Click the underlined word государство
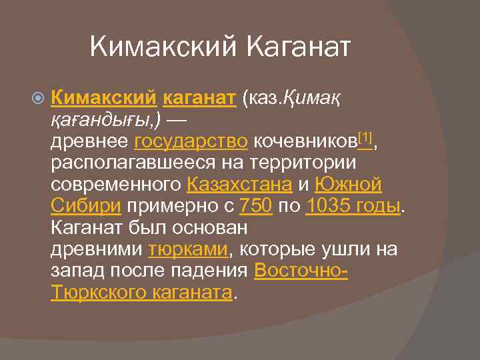pyautogui.click(x=191, y=142)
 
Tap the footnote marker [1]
pyautogui.click(x=365, y=138)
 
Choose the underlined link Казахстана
pyautogui.click(x=240, y=185)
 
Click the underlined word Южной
pyautogui.click(x=348, y=185)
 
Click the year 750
pyautogui.click(x=255, y=206)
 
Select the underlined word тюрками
pyautogui.click(x=188, y=249)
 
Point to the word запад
pyautogui.click(x=77, y=271)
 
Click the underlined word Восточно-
pyautogui.click(x=301, y=271)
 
